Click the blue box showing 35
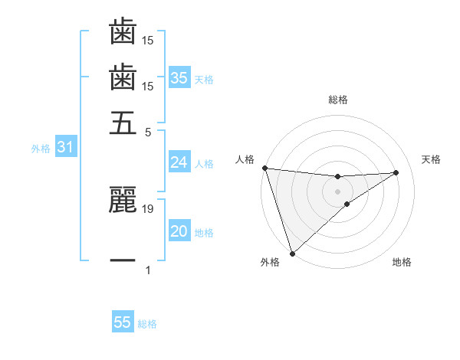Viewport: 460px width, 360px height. pos(179,78)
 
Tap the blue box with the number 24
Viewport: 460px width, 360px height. pos(179,162)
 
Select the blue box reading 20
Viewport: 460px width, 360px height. pos(179,231)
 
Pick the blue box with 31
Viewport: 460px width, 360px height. pos(65,148)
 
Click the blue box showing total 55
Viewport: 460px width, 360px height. pos(123,322)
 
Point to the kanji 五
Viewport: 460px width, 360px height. pos(123,123)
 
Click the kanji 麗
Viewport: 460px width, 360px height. pos(123,201)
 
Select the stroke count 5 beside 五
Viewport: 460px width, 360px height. pos(148,131)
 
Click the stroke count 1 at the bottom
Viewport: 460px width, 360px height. pos(148,270)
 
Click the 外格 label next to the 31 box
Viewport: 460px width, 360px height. pos(40,149)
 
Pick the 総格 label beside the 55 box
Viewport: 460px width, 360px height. pos(147,324)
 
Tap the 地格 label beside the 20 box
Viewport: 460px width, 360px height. pos(204,233)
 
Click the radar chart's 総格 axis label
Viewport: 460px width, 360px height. pos(338,100)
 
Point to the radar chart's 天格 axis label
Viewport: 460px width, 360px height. pos(432,159)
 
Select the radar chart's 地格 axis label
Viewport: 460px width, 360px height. pos(402,263)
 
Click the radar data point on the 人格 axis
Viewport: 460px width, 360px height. pos(264,168)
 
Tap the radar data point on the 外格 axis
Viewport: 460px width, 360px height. pos(292,252)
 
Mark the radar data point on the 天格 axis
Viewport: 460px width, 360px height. pos(396,172)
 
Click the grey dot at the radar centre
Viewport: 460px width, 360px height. pos(338,191)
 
